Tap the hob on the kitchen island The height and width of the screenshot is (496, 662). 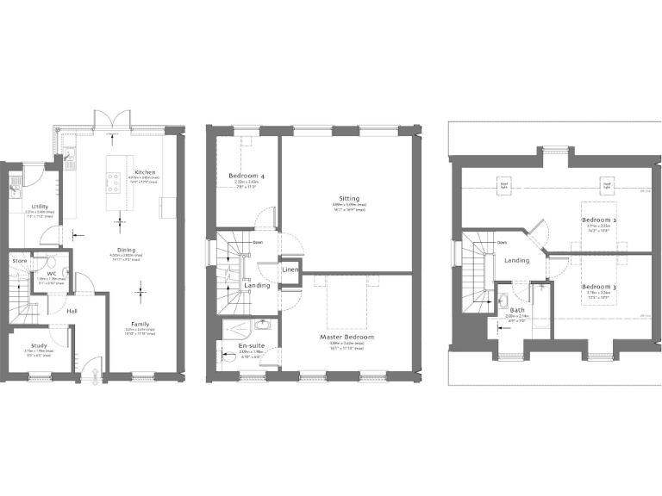click(113, 180)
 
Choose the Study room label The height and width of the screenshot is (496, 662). click(39, 345)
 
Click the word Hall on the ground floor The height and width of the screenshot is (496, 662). click(72, 311)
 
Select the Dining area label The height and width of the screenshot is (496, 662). click(126, 250)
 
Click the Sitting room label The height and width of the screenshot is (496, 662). click(349, 199)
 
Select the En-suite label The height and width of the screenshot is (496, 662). click(251, 345)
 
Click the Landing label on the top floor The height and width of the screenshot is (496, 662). click(516, 260)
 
